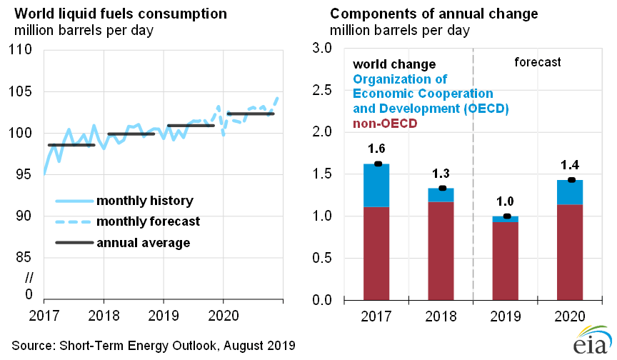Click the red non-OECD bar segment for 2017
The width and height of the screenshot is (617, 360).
coord(376,253)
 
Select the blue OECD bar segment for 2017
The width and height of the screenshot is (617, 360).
coord(376,185)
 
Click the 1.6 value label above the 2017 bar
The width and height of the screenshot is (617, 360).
coord(376,149)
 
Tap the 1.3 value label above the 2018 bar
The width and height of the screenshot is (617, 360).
coord(441,173)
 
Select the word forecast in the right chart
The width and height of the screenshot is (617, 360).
coord(538,62)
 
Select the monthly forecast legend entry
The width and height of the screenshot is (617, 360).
coord(148,221)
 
